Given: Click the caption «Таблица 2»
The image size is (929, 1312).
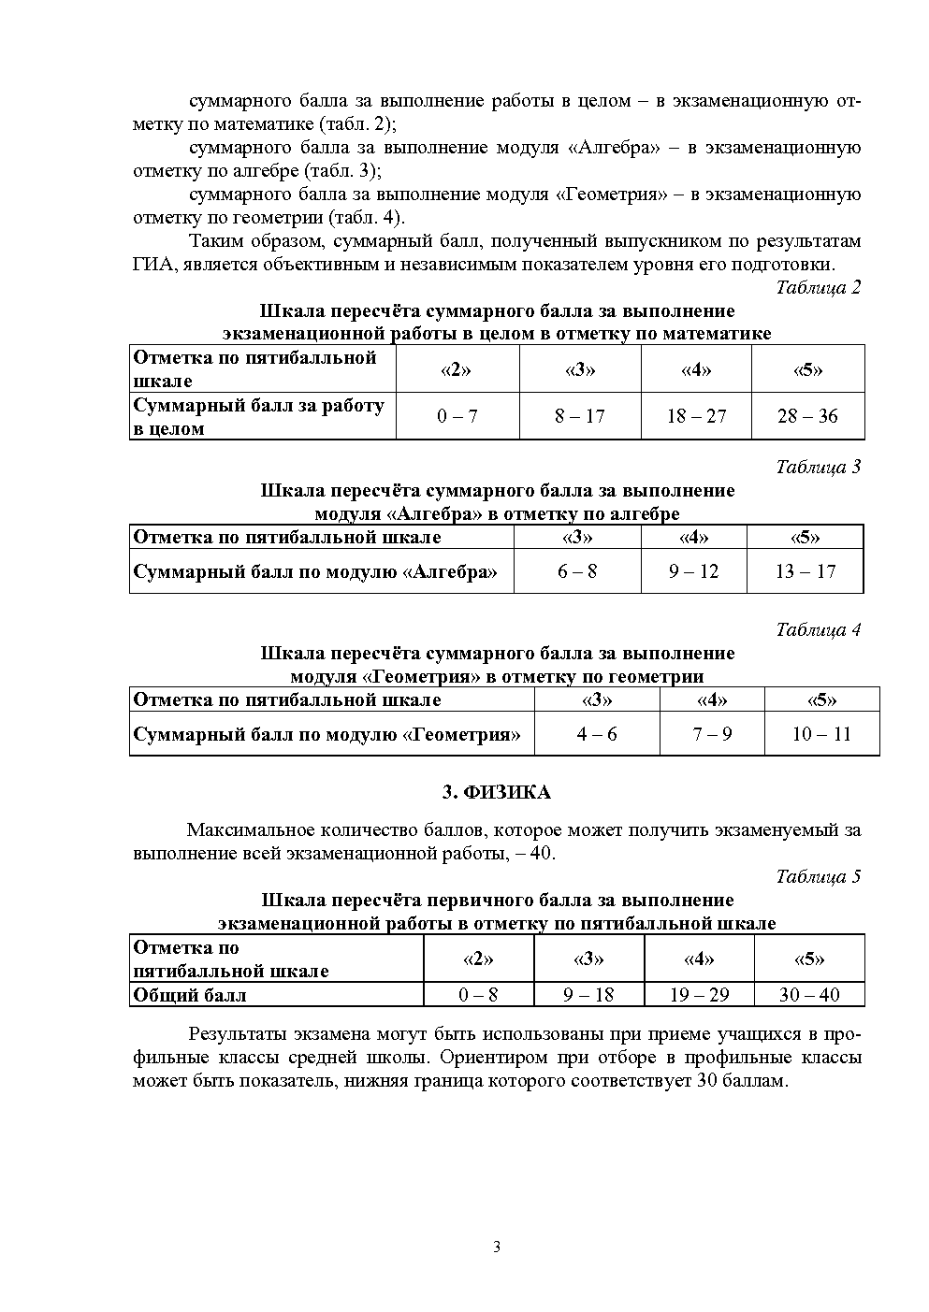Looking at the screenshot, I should (818, 287).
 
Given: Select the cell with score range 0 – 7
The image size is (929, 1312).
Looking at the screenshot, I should (457, 416).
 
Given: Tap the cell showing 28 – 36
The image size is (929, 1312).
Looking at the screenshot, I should (807, 416).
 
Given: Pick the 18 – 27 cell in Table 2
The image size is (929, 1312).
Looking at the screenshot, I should (696, 416).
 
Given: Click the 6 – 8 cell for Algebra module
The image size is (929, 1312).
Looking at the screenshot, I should (577, 571).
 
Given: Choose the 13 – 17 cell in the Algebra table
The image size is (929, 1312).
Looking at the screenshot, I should (805, 571).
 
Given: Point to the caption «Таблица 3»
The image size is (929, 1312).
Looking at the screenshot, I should (818, 467).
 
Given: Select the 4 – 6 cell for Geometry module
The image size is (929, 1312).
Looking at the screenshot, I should (597, 734).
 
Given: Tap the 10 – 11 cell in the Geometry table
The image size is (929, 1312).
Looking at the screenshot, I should (821, 734).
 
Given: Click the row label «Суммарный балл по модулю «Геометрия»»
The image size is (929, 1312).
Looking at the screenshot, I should (327, 734).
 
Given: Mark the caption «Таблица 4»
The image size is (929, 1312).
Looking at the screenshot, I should (818, 629).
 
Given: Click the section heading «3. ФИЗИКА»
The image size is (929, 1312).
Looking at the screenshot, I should (496, 793).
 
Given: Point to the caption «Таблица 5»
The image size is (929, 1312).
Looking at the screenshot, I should (818, 876).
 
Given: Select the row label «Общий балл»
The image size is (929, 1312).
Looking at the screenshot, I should (190, 995).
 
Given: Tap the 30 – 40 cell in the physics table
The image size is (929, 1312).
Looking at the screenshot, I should (809, 995).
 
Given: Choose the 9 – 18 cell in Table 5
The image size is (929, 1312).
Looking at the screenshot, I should (588, 995).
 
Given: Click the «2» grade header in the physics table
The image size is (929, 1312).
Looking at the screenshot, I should (479, 959).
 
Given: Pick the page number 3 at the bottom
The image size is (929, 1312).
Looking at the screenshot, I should (497, 1247).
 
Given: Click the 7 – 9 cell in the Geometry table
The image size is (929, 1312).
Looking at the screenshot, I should (712, 734).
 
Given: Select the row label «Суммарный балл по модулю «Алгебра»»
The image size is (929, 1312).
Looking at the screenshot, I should (315, 571).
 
